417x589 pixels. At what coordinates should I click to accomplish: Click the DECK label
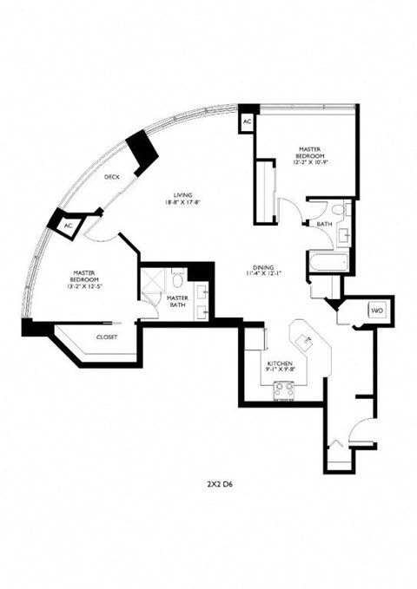tap(112, 177)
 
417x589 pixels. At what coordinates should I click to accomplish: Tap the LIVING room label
tap(182, 195)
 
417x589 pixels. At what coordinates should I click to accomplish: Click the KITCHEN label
tap(280, 363)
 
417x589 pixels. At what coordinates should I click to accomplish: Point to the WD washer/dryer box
tap(376, 310)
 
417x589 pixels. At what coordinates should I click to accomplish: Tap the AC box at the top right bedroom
tap(247, 122)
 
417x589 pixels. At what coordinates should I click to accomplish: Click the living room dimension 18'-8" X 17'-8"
tap(182, 203)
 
